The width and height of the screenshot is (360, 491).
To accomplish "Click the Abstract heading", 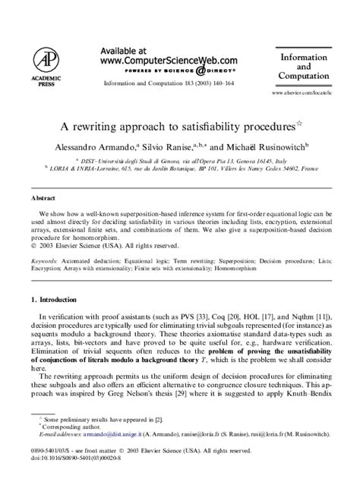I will pos(43,197).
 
